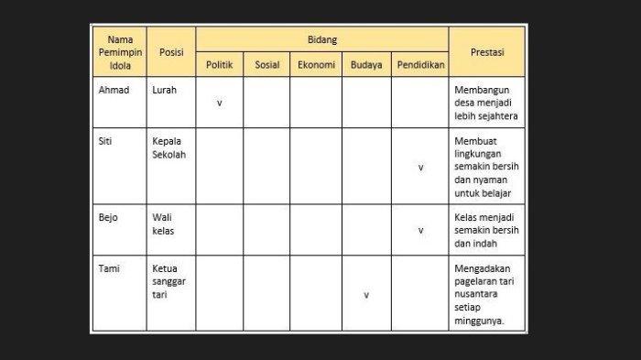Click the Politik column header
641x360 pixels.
click(x=220, y=66)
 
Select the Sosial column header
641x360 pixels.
click(x=266, y=66)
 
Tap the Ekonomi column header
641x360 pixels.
click(x=316, y=66)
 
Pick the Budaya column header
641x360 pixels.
click(x=366, y=66)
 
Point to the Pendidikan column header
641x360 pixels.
click(x=420, y=66)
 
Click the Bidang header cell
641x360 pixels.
click(x=321, y=40)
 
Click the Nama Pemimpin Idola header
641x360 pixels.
click(x=120, y=53)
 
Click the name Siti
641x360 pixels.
click(x=106, y=142)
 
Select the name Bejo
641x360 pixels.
click(x=108, y=218)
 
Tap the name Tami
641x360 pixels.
click(x=109, y=268)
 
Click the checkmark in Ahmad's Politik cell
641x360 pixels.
click(x=220, y=103)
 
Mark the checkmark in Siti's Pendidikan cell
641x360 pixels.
click(x=420, y=168)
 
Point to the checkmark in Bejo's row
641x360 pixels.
click(x=420, y=231)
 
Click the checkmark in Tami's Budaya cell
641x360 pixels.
click(x=366, y=295)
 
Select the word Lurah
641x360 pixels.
click(x=166, y=90)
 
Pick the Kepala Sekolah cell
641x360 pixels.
click(x=169, y=148)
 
